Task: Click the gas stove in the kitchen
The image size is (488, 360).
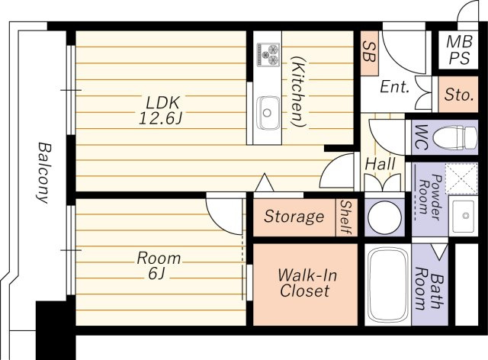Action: coord(268,54)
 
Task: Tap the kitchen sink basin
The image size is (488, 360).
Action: coord(268,113)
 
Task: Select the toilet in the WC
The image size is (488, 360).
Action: coord(455,138)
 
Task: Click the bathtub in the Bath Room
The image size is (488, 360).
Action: coord(388,284)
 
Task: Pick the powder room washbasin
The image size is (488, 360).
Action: coord(464,216)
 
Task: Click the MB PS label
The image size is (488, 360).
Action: coord(459,50)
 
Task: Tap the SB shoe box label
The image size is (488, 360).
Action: coord(369,53)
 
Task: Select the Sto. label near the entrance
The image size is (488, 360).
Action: coord(459,95)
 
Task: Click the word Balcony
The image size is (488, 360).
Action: coord(43,173)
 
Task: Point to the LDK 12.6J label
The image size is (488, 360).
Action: coord(160,111)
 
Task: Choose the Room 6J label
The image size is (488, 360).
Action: coord(159,265)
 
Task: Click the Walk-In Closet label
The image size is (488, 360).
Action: coord(307,283)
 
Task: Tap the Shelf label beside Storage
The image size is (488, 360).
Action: coord(345,217)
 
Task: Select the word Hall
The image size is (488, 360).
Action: coord(380,164)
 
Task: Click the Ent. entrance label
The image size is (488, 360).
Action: coord(394,87)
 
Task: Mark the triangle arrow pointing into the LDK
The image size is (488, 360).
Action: coord(265,182)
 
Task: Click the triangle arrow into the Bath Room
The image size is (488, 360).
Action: coord(439,252)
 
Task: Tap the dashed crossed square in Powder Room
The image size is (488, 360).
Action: coord(461,178)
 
